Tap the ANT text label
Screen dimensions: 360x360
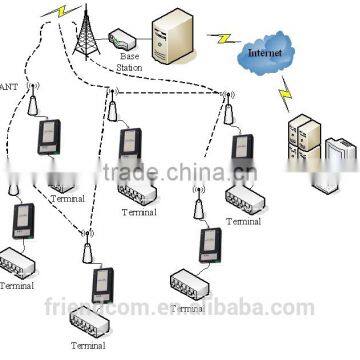tap(7, 87)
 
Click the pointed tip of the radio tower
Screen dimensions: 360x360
tap(86, 9)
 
